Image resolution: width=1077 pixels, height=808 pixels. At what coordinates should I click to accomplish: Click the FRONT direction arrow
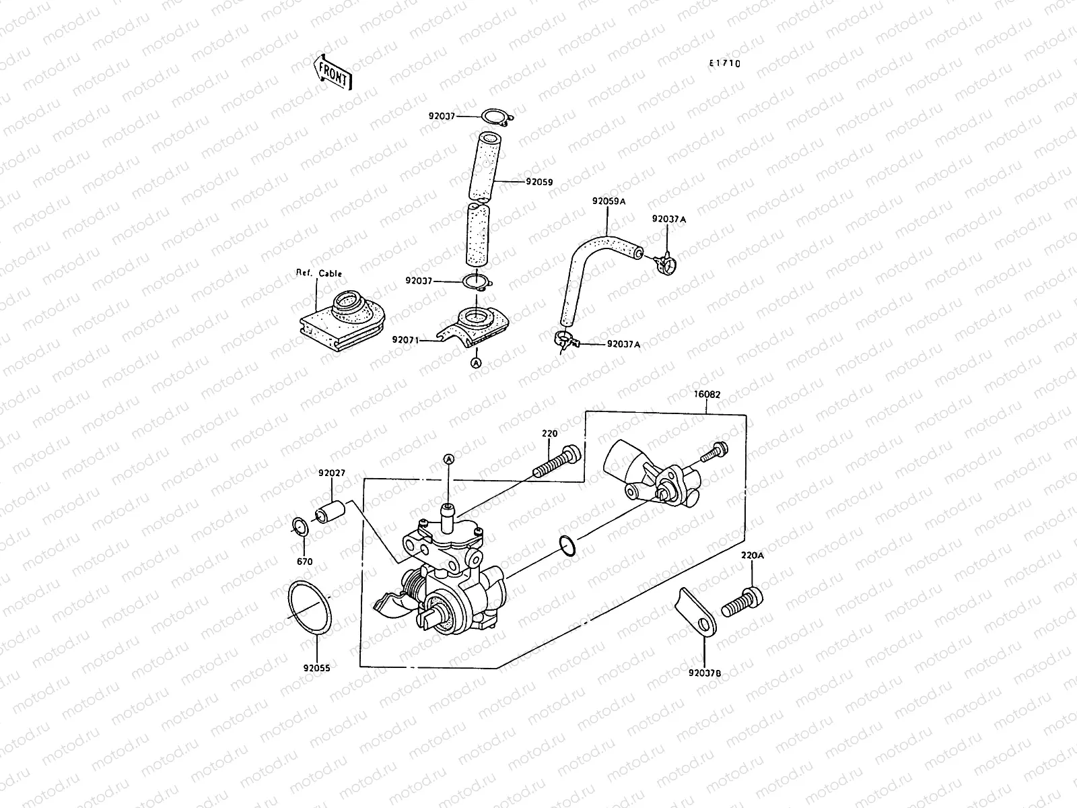pyautogui.click(x=333, y=72)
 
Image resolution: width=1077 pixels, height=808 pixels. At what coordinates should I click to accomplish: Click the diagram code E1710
pyautogui.click(x=724, y=64)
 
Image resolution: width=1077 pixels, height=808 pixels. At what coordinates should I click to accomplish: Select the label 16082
pyautogui.click(x=706, y=395)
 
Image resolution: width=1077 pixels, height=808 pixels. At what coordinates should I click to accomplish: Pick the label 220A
pyautogui.click(x=753, y=556)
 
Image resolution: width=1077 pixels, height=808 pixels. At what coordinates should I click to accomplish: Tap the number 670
pyautogui.click(x=305, y=562)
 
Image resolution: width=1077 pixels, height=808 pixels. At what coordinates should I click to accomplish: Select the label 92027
pyautogui.click(x=332, y=473)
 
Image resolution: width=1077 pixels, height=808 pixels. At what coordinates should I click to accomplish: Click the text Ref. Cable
pyautogui.click(x=319, y=273)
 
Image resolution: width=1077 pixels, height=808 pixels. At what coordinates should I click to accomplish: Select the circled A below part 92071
pyautogui.click(x=477, y=363)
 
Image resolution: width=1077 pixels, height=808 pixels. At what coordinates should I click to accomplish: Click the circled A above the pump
pyautogui.click(x=448, y=459)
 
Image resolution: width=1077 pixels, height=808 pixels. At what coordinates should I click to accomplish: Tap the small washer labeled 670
pyautogui.click(x=300, y=527)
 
